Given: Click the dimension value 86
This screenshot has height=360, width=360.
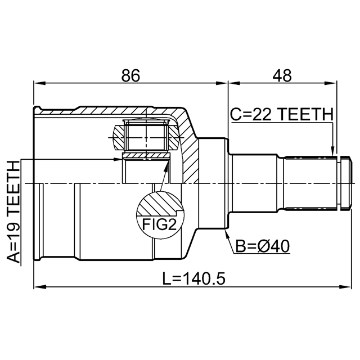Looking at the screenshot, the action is point(130,75).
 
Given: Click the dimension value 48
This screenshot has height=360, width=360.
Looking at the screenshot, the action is point(282,75).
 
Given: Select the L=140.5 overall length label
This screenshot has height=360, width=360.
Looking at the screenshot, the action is point(193,278).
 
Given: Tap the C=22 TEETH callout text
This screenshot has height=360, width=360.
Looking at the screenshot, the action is point(282,114).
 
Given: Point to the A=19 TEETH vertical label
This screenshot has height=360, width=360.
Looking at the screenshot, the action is point(13,212).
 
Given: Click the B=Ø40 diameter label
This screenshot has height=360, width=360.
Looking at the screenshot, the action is point(263,246).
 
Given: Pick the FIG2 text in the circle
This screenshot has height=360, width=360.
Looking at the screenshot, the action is point(159,224).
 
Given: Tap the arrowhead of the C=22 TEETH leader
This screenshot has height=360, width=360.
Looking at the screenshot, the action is point(332,151).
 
